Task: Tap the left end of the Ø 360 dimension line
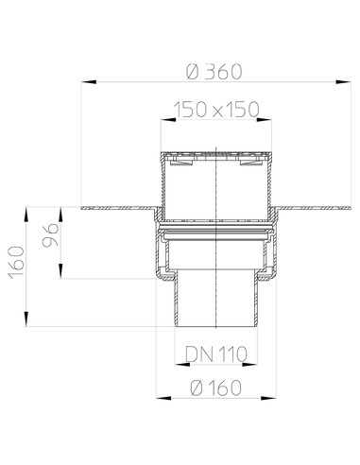pyautogui.click(x=83, y=81)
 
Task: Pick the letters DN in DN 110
pyautogui.click(x=196, y=353)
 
